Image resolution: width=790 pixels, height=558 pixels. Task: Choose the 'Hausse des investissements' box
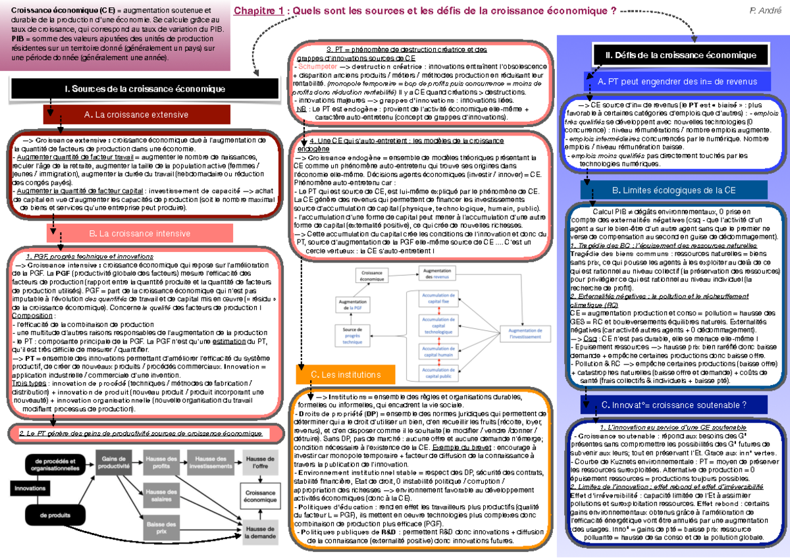pos(211,462)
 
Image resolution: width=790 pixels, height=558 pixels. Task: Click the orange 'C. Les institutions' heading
pos(342,374)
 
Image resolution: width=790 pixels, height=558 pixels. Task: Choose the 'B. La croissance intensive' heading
pos(139,233)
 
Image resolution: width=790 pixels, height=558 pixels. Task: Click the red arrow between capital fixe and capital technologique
pos(439,310)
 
